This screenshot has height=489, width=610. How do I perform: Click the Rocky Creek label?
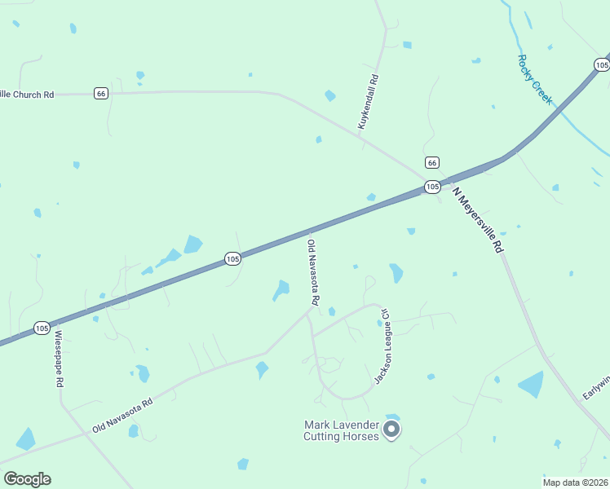coord(535,79)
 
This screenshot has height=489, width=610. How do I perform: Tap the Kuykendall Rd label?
coord(369,102)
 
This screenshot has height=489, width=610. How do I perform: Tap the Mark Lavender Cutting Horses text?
coord(342,430)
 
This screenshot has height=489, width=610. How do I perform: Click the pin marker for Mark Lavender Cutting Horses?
coord(391,428)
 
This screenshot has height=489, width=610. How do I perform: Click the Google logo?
coord(27,479)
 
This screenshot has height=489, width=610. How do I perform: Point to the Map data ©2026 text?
coord(575,482)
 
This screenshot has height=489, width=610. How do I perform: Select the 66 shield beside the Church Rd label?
coord(100,93)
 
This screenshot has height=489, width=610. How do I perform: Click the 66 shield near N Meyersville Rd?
coord(431,162)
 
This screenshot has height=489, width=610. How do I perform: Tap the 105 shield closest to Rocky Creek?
coord(602,64)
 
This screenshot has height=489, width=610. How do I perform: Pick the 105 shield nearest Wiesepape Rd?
coord(42,328)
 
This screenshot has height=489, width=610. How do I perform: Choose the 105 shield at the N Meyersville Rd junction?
coord(432,187)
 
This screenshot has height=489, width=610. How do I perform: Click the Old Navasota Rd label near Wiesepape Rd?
coord(122,416)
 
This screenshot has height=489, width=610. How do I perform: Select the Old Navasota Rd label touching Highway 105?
coord(312,272)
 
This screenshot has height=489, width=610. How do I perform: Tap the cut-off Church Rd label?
coord(27,95)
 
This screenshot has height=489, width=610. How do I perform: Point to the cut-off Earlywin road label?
coord(596,386)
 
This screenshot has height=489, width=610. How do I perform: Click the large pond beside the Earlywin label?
coord(531,384)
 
